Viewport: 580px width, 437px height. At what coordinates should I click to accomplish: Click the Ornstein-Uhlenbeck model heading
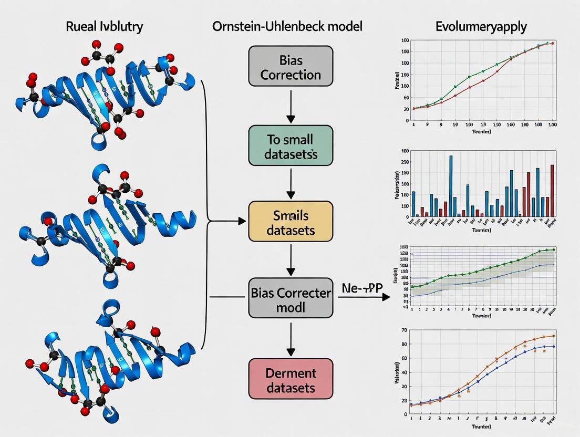pos(287,26)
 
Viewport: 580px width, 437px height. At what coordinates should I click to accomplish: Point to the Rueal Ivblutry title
pos(105,26)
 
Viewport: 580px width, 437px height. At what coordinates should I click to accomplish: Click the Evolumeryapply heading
pos(481,26)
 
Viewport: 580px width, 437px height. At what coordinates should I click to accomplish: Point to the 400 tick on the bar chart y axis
pos(405,151)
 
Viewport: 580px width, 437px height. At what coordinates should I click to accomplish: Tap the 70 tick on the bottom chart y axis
pos(404,330)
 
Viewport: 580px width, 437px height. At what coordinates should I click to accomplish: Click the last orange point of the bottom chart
pos(554,336)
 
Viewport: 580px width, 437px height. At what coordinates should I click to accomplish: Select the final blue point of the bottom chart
pos(554,347)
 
